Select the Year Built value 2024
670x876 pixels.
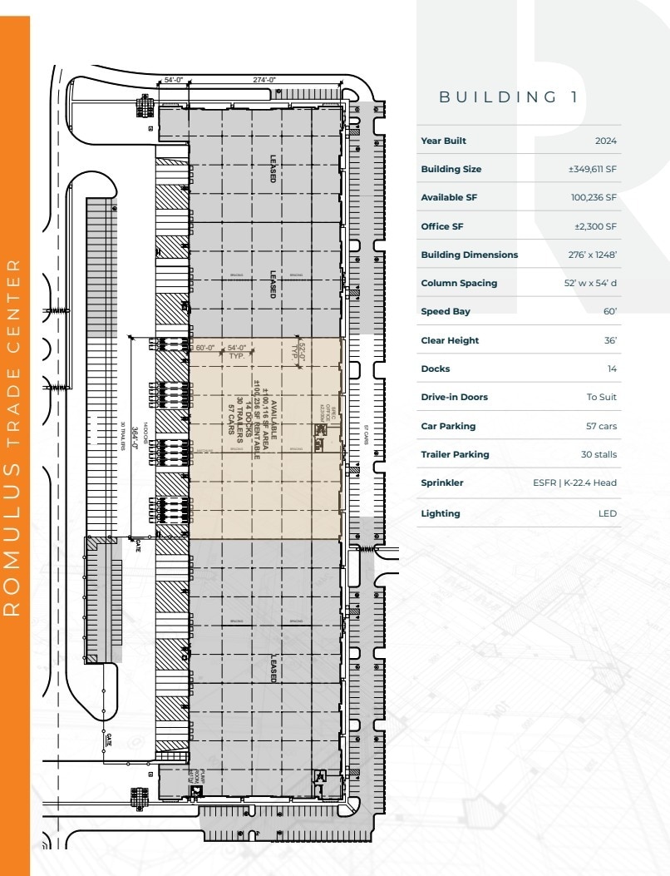coord(605,141)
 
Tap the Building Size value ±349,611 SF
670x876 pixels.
coord(592,169)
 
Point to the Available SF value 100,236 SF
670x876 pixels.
coord(594,197)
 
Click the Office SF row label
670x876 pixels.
coord(441,226)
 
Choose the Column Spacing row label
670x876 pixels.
coord(459,283)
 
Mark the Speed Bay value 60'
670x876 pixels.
coord(610,311)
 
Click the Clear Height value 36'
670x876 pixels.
coord(610,340)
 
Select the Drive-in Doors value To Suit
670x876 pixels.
coord(601,397)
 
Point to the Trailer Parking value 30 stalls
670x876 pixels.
coord(599,454)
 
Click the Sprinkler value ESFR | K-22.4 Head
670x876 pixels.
coord(574,483)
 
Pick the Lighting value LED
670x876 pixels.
coord(608,513)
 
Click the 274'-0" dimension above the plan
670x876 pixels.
coord(264,80)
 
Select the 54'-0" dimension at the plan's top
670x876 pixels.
coord(174,80)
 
